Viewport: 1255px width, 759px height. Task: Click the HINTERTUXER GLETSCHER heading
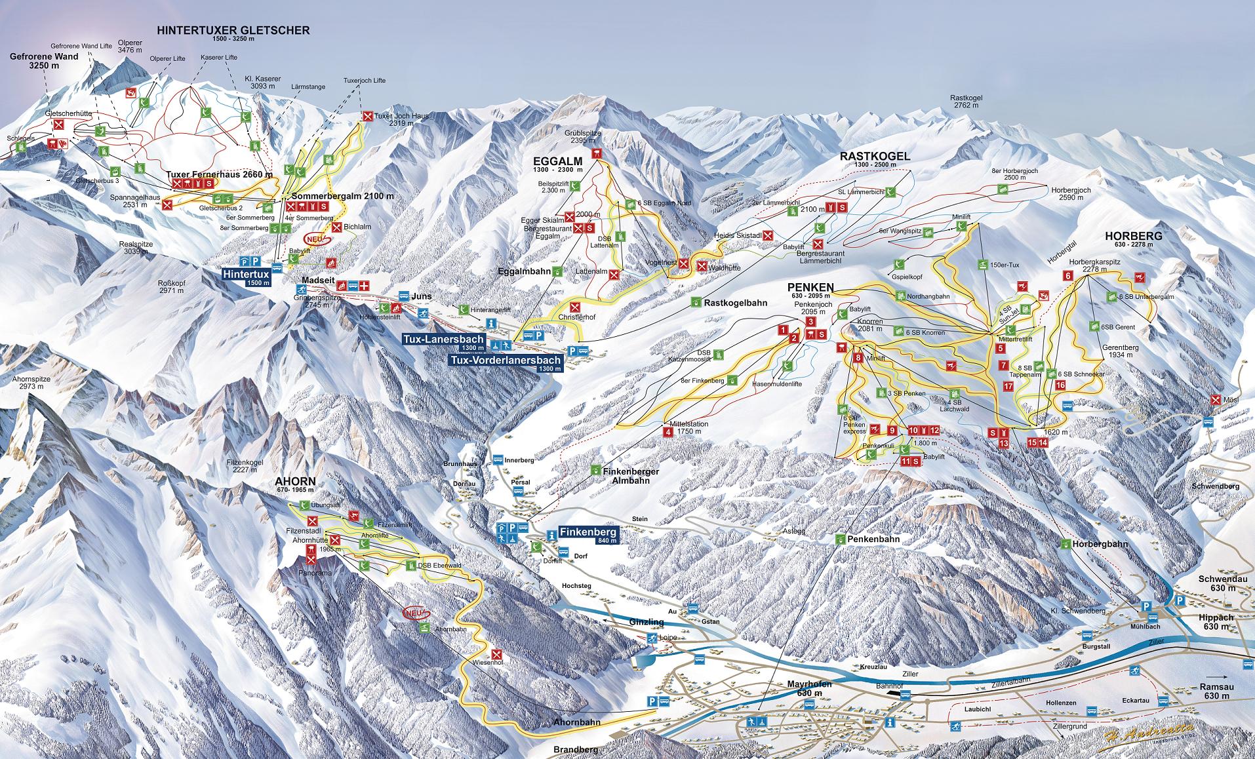tap(233, 31)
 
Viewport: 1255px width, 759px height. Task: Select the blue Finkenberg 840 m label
tap(588, 536)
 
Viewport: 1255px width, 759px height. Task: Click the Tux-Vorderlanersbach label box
tap(506, 363)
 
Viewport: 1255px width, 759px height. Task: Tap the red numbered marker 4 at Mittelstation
tap(668, 431)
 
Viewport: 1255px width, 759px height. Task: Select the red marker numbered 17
tap(1008, 386)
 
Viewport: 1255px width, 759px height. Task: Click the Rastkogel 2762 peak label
tap(966, 101)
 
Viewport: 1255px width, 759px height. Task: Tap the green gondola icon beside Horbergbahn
tap(1066, 543)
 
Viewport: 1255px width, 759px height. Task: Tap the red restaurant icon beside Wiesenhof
tap(496, 654)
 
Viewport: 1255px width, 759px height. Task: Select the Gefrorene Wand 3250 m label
tap(44, 60)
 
